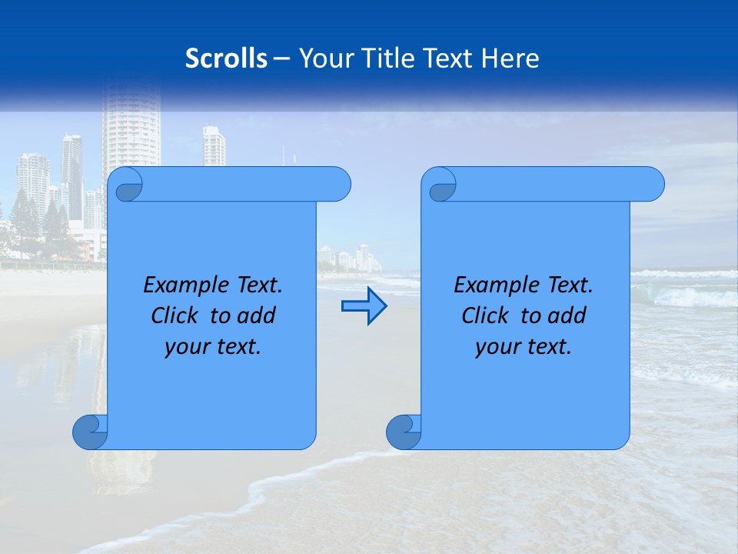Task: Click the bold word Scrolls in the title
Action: click(x=226, y=58)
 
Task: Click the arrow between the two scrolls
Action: click(x=364, y=306)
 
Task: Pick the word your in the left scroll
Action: click(x=185, y=347)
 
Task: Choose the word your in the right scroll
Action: click(x=496, y=347)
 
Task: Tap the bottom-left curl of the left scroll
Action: click(x=90, y=432)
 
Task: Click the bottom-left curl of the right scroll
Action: click(x=404, y=432)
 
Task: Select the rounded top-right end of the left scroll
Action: click(x=338, y=184)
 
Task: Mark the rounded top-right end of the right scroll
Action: click(x=652, y=184)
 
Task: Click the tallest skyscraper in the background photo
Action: click(x=131, y=127)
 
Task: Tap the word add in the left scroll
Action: click(x=258, y=315)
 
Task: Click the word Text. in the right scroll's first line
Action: click(x=570, y=285)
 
